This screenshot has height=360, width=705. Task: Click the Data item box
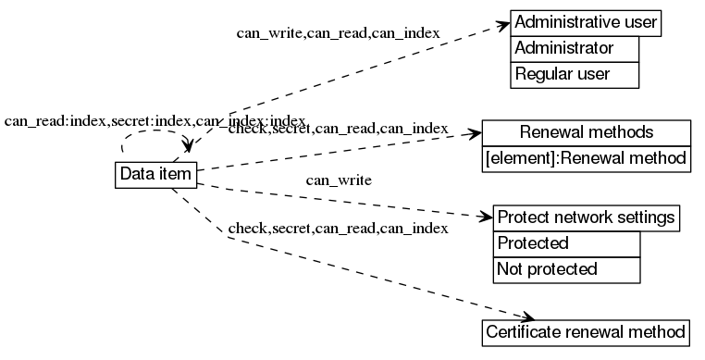(155, 174)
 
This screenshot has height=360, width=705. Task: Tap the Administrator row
(575, 48)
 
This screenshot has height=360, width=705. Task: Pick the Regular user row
(575, 74)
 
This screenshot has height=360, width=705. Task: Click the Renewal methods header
(587, 132)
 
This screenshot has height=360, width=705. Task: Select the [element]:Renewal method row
(587, 158)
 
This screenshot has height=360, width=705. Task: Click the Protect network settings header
(587, 218)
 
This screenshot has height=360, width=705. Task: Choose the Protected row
(566, 244)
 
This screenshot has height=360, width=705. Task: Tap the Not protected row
(566, 269)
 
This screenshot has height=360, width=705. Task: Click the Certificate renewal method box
(587, 331)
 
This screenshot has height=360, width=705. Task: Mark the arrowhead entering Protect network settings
(486, 218)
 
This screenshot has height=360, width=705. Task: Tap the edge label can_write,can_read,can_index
(338, 34)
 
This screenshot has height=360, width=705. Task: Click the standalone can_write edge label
(339, 180)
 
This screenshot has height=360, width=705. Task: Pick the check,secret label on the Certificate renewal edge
(338, 228)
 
